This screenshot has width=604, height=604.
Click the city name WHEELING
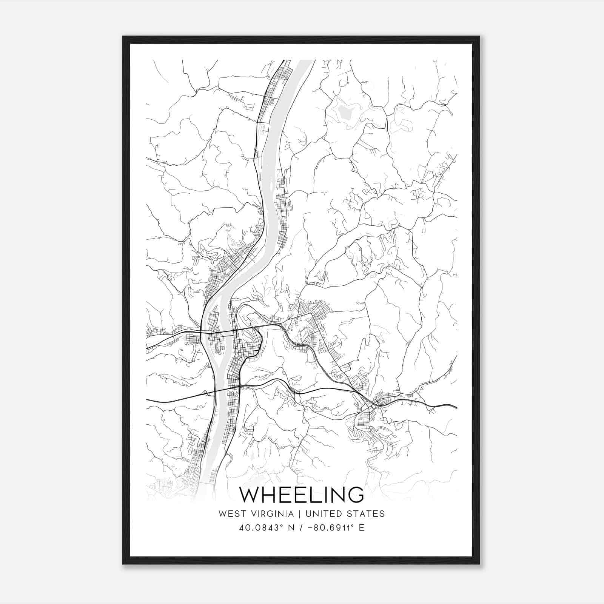[x=302, y=495]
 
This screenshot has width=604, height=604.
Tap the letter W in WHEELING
[x=249, y=495]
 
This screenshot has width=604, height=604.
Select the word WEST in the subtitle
[x=230, y=514]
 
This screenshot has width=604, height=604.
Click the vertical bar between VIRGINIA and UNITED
[x=300, y=514]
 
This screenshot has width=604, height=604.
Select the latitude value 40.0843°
[x=260, y=527]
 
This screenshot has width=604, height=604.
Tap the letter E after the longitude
[x=361, y=527]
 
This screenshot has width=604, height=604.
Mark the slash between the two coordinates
[x=300, y=527]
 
